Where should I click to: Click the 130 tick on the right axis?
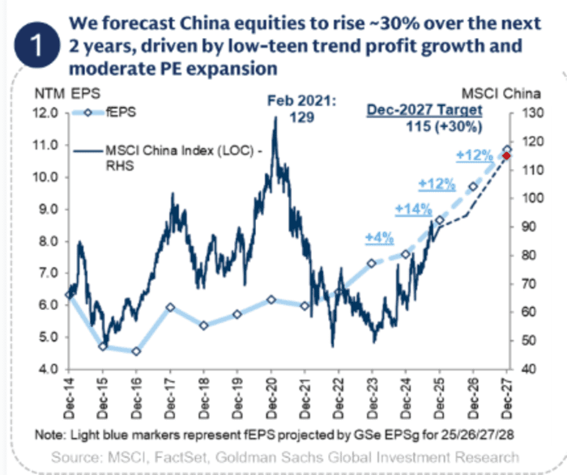[527, 114]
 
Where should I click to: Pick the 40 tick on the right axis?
[525, 369]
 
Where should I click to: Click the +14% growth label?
[413, 210]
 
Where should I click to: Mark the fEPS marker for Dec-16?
[136, 351]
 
